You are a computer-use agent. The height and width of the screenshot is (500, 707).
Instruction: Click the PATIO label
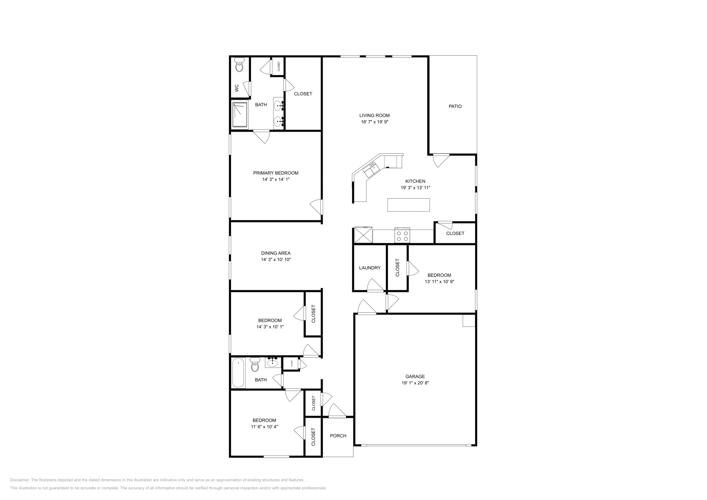455,106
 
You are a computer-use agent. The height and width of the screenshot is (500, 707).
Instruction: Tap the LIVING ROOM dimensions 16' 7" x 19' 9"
374,122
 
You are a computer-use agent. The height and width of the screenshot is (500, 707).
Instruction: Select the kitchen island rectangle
408,205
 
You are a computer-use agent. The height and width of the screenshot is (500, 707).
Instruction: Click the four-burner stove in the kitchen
403,235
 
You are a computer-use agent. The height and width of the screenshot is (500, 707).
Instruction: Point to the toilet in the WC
239,65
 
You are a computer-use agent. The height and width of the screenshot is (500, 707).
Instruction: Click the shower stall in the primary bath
240,115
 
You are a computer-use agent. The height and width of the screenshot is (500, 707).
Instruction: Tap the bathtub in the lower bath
238,373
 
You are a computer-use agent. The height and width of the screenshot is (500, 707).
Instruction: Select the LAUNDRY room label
370,268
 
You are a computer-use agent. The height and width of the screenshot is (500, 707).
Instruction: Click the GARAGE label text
412,377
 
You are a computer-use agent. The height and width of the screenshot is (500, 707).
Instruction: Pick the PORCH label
338,436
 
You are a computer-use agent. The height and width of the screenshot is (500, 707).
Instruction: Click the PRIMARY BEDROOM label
275,173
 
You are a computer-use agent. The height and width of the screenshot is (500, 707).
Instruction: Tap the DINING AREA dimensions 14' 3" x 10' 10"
275,260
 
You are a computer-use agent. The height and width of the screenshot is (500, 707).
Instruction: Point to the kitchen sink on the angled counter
370,168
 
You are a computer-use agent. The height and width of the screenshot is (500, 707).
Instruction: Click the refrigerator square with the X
364,235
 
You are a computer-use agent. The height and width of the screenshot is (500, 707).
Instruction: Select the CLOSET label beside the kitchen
455,233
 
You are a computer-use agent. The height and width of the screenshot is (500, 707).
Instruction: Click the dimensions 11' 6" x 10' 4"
264,427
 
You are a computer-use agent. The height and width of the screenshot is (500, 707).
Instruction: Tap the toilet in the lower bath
255,366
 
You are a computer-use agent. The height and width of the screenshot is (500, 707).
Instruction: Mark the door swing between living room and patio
440,159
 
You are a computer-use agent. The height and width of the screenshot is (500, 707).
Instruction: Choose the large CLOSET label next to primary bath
303,94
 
